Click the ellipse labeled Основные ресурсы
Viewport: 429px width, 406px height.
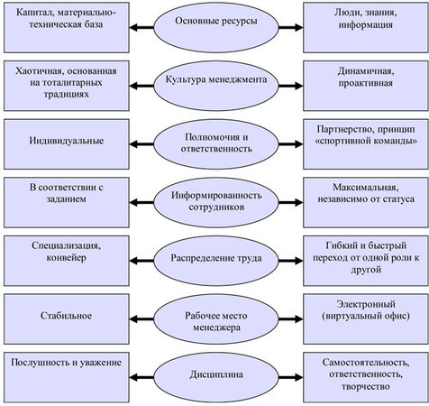tap(216, 28)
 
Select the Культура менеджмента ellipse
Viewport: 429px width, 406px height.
tap(216, 86)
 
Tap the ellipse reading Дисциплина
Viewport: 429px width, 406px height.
tap(216, 377)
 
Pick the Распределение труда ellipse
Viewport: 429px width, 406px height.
tap(216, 261)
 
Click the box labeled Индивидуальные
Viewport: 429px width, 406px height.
tap(67, 144)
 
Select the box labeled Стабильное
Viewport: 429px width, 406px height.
tap(67, 319)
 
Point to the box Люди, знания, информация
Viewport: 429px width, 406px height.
tap(366, 28)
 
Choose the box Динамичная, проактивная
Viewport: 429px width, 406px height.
tap(366, 86)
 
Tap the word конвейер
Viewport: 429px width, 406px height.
tap(67, 258)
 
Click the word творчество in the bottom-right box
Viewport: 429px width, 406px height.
tap(366, 386)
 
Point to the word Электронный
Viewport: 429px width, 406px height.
tap(366, 304)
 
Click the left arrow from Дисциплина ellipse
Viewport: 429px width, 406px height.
tap(141, 377)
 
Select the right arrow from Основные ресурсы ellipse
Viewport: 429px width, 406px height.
tap(291, 28)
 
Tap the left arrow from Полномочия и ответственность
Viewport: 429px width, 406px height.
tap(141, 144)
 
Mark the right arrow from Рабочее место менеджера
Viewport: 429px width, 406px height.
tap(291, 319)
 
